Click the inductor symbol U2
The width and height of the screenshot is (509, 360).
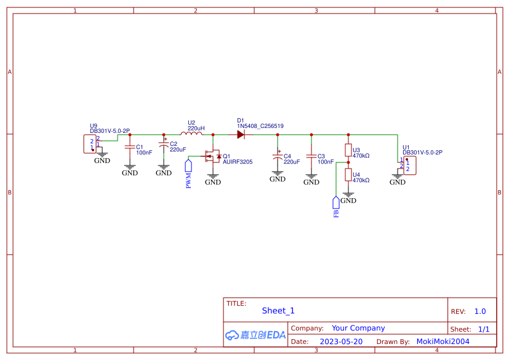[x=191, y=134]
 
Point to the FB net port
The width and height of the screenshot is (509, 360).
[x=335, y=202]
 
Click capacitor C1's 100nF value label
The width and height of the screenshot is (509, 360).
[x=145, y=152]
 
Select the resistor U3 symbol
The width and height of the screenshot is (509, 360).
[x=348, y=151]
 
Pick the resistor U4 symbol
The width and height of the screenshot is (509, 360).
[x=348, y=175]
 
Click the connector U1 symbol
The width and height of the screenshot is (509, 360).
[x=408, y=165]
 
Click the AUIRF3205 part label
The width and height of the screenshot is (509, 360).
[x=238, y=162]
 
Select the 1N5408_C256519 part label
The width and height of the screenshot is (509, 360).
[x=260, y=126]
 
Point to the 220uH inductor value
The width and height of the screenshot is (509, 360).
[x=196, y=128]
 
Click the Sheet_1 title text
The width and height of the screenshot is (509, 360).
[x=278, y=311]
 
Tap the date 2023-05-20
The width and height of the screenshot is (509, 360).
[x=341, y=341]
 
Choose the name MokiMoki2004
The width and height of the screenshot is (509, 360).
[x=443, y=341]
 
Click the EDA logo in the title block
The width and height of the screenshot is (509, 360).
[x=255, y=335]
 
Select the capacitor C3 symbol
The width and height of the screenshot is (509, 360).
[x=311, y=157]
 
